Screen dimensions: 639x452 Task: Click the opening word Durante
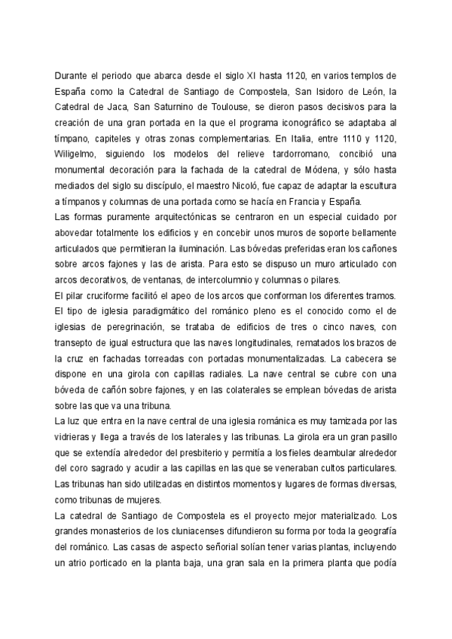(x=73, y=76)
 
